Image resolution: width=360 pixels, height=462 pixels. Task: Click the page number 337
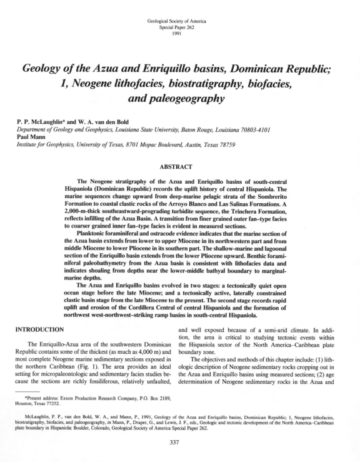[179, 444]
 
